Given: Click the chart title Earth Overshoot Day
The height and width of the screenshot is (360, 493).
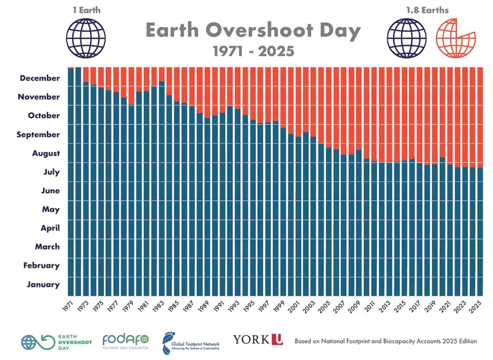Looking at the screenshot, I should coord(252,30).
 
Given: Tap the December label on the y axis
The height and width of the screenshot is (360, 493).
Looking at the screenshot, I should coord(40,78).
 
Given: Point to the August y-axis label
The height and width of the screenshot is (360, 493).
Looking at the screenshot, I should coord(46,153).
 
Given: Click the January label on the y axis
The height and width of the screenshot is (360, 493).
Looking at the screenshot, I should coord(44,284).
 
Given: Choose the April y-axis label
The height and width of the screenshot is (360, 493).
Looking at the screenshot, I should coord(50,228).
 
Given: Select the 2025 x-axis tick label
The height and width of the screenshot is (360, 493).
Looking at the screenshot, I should coord(477,306).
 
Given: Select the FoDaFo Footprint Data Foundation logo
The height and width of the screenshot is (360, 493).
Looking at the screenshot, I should coord(125,342).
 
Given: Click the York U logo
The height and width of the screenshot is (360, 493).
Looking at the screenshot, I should coord(257,339).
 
